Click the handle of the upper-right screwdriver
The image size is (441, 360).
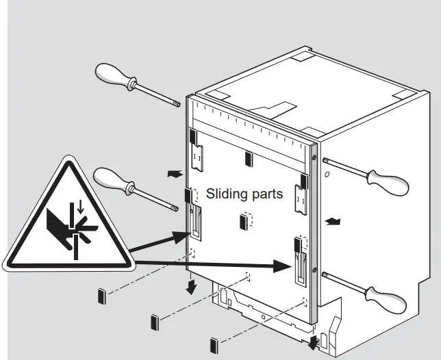(388, 181)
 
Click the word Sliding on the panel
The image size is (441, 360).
(227, 194)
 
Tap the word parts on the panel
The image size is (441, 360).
(267, 194)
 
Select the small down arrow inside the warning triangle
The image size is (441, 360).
(81, 205)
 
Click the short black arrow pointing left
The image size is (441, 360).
(175, 175)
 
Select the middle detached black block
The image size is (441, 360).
(154, 321)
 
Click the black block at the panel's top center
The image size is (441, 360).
(248, 159)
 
